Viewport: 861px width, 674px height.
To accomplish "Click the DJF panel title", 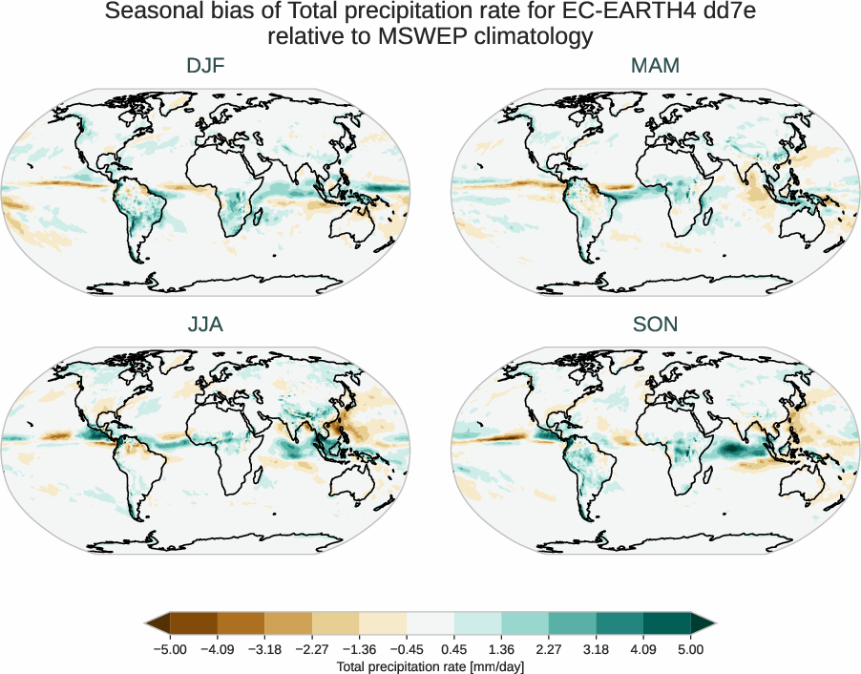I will click(205, 66).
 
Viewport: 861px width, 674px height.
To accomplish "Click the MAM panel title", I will click(655, 66).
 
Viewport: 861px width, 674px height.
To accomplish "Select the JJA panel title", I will click(205, 325).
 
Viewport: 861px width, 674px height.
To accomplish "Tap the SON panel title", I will click(655, 325).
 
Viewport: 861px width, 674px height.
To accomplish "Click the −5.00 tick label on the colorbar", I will click(170, 649).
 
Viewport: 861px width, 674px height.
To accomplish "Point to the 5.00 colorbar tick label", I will click(690, 649).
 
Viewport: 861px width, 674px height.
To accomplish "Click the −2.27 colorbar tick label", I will click(311, 649).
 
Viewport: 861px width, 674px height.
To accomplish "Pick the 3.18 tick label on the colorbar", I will click(596, 649).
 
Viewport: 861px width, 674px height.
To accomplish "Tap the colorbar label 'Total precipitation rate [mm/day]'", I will click(430, 666).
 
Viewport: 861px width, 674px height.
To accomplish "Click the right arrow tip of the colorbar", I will click(713, 624).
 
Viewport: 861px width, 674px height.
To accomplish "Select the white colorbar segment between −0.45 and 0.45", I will click(430, 624).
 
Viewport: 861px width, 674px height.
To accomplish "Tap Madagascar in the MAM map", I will click(714, 221).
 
